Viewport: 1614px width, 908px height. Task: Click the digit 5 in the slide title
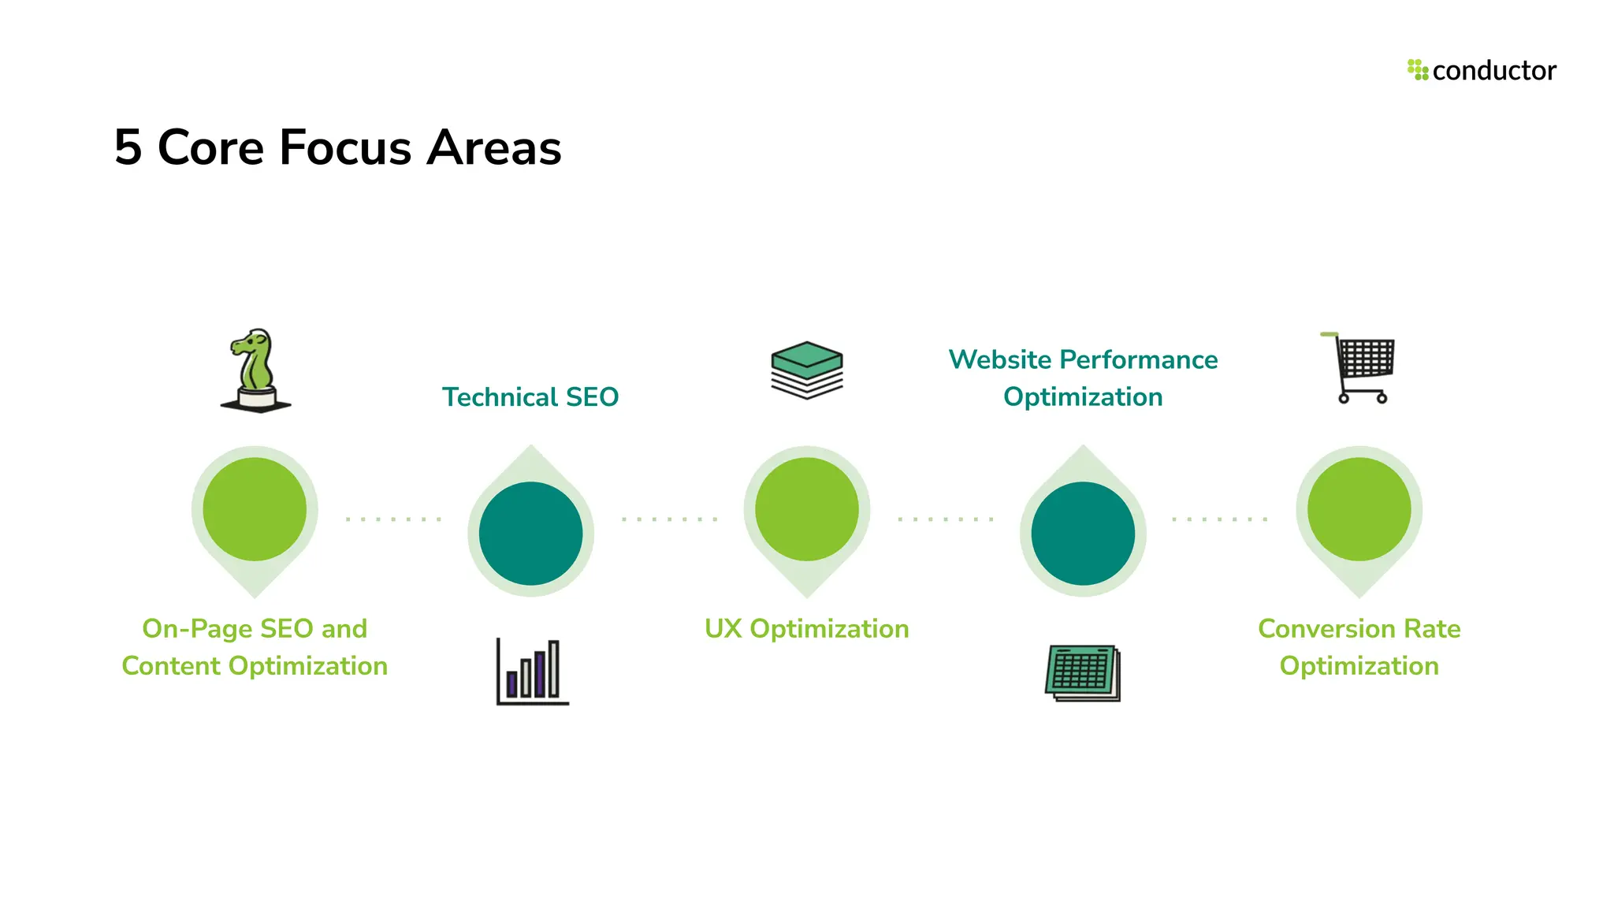click(128, 147)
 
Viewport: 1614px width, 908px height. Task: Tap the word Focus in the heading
click(345, 147)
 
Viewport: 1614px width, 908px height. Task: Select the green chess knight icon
click(255, 370)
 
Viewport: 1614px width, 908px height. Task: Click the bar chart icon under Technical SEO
click(532, 672)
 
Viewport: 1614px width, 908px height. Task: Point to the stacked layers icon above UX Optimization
click(806, 370)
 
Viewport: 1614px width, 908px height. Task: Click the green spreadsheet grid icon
click(1083, 672)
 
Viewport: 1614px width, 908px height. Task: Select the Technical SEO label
click(530, 397)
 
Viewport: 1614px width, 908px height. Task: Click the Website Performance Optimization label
click(1083, 378)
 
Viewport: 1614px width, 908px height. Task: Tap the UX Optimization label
click(806, 629)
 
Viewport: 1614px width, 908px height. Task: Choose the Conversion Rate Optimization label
click(1359, 647)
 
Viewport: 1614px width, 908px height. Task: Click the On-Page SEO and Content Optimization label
click(255, 647)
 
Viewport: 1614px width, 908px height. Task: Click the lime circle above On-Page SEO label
click(255, 509)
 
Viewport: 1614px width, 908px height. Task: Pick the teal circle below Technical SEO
click(530, 534)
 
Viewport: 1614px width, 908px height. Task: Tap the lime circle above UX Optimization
click(806, 509)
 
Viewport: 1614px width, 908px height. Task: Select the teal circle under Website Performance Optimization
click(1083, 534)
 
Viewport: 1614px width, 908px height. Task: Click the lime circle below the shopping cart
click(1359, 509)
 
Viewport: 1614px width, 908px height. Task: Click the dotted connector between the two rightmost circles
click(1220, 519)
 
